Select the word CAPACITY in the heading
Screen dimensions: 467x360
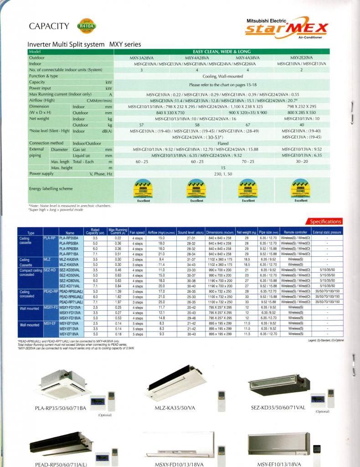point(49,26)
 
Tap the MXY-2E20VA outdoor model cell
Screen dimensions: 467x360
point(301,58)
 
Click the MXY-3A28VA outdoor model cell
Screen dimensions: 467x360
point(142,58)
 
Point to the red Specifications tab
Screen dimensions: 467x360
point(325,221)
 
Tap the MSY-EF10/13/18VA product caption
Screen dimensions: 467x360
point(282,464)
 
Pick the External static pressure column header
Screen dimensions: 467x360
point(327,232)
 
